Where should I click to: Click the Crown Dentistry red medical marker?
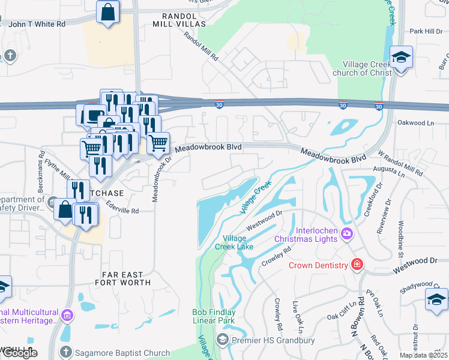(x=357, y=265)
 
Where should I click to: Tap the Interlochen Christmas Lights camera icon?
(x=347, y=233)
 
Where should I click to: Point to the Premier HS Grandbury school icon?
(x=223, y=341)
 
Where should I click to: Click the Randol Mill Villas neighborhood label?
(x=179, y=19)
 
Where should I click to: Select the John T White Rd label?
(x=37, y=24)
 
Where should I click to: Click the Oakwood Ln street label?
(x=415, y=122)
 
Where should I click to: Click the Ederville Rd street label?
(x=122, y=211)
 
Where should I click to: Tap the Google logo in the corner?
(x=19, y=352)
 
